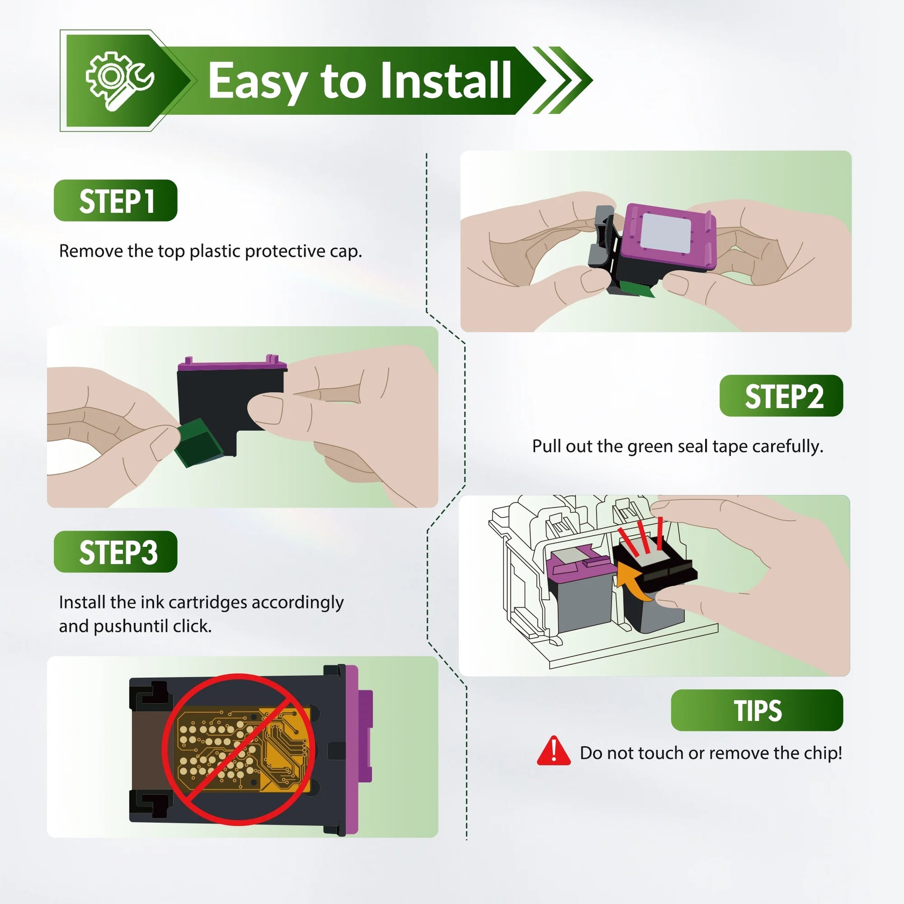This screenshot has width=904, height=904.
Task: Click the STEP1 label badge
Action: tap(116, 200)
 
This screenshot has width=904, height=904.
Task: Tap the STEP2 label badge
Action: tap(781, 395)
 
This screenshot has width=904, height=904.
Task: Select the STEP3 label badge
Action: tap(116, 552)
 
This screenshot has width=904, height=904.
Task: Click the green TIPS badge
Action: tap(757, 710)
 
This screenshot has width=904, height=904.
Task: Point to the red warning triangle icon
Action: tap(554, 751)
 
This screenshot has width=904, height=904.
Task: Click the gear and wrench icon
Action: tap(119, 80)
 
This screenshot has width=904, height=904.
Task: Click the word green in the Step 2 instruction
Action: tap(650, 447)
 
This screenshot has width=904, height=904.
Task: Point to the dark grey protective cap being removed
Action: tap(605, 237)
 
